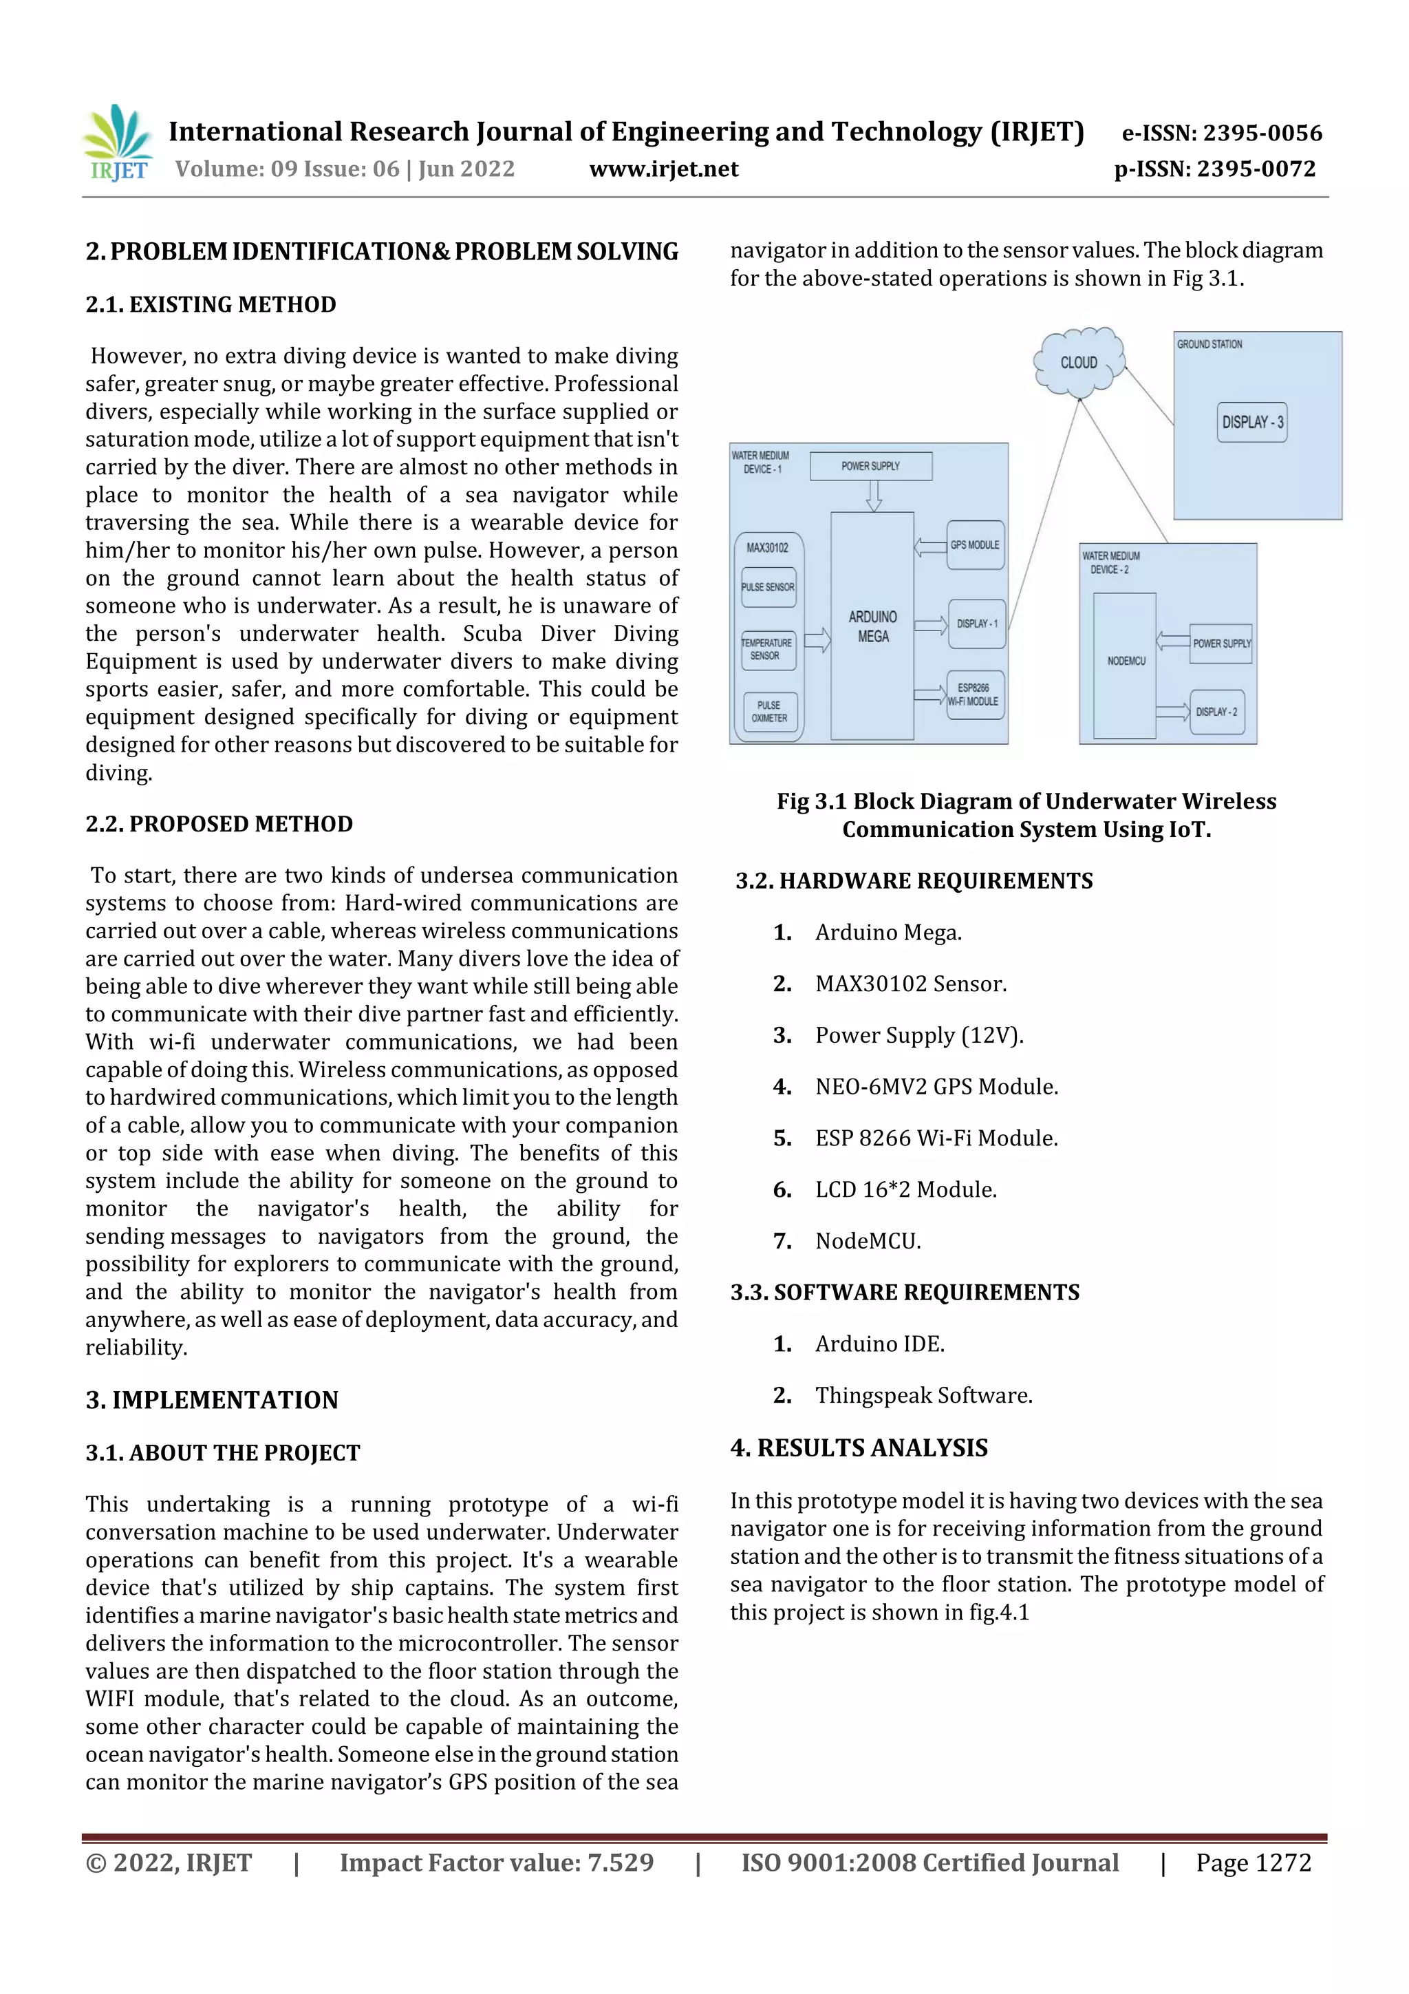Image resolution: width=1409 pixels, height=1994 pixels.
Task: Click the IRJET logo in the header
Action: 117,143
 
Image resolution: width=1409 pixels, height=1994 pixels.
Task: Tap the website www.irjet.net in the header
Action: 663,169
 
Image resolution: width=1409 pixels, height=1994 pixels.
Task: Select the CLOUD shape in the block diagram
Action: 1078,362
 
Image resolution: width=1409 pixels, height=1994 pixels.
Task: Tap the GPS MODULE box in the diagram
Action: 975,545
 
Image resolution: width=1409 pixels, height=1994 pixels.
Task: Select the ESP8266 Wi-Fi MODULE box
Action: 974,694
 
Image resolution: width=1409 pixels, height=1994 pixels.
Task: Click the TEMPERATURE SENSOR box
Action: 766,650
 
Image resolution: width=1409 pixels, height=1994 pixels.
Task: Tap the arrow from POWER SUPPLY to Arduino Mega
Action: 873,495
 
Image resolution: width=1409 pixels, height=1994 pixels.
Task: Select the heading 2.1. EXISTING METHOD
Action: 211,305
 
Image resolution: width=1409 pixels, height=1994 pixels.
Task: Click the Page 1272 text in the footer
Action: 1253,1863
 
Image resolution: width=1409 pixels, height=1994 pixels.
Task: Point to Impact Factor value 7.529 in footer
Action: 496,1863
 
